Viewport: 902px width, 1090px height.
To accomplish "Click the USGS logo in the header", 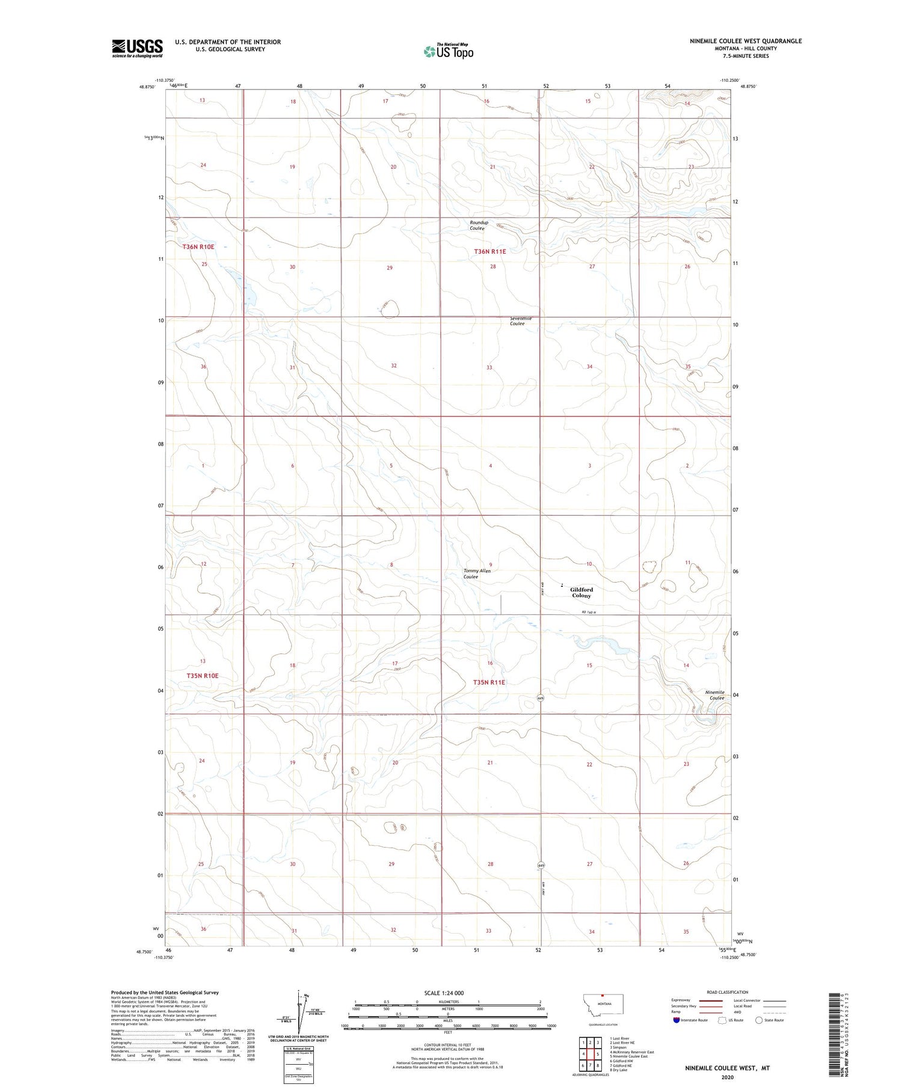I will tap(137, 48).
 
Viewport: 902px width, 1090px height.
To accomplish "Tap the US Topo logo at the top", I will tap(448, 52).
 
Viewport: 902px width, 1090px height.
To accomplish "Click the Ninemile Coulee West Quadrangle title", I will tap(745, 41).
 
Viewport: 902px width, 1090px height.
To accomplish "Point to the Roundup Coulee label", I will tap(479, 225).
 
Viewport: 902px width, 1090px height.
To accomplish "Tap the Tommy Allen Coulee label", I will tap(476, 574).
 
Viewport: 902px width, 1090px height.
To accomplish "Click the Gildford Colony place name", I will tap(581, 592).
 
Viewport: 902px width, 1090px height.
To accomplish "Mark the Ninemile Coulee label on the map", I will tap(716, 695).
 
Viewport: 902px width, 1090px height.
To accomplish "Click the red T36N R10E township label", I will tap(198, 247).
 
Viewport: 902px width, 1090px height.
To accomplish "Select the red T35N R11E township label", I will tap(489, 682).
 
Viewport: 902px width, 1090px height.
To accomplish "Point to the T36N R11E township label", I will tap(489, 251).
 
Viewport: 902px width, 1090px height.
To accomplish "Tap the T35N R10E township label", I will tap(202, 676).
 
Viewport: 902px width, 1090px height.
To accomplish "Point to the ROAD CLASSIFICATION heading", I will tap(727, 992).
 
